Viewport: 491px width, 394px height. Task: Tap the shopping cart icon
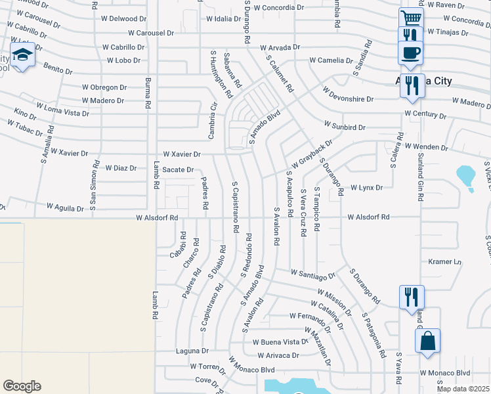(412, 18)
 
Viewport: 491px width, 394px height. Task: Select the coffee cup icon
(411, 52)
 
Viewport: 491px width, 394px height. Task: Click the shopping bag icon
(427, 341)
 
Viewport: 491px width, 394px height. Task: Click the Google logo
(22, 386)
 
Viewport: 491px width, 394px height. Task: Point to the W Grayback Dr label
(309, 152)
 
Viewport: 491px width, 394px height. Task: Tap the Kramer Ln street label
(445, 261)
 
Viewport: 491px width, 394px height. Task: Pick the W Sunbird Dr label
(345, 125)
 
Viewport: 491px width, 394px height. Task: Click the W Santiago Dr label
(312, 273)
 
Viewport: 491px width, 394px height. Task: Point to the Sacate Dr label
(178, 169)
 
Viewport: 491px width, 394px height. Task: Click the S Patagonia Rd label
(374, 334)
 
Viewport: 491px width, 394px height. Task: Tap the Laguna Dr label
(192, 351)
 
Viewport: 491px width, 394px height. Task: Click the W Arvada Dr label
(280, 47)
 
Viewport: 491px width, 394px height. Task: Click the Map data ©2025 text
(463, 389)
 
